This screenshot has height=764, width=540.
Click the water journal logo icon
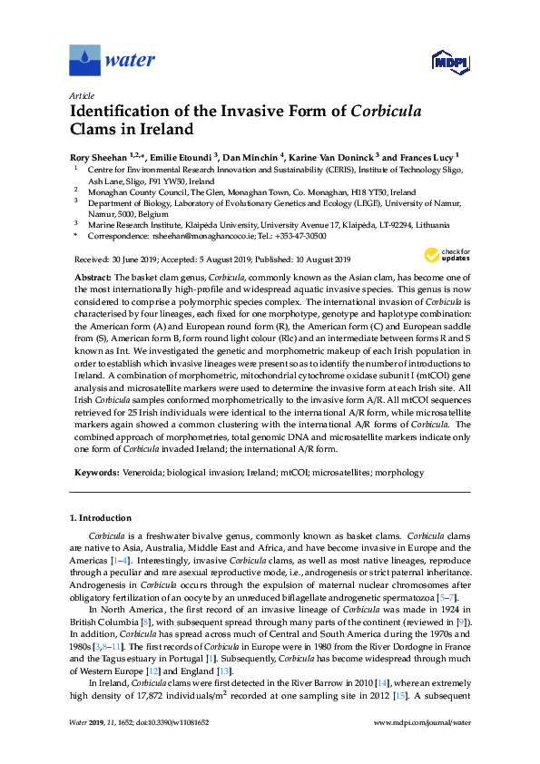coord(84,61)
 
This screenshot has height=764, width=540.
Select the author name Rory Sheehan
coord(98,155)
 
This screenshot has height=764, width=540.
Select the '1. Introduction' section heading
coord(101,518)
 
